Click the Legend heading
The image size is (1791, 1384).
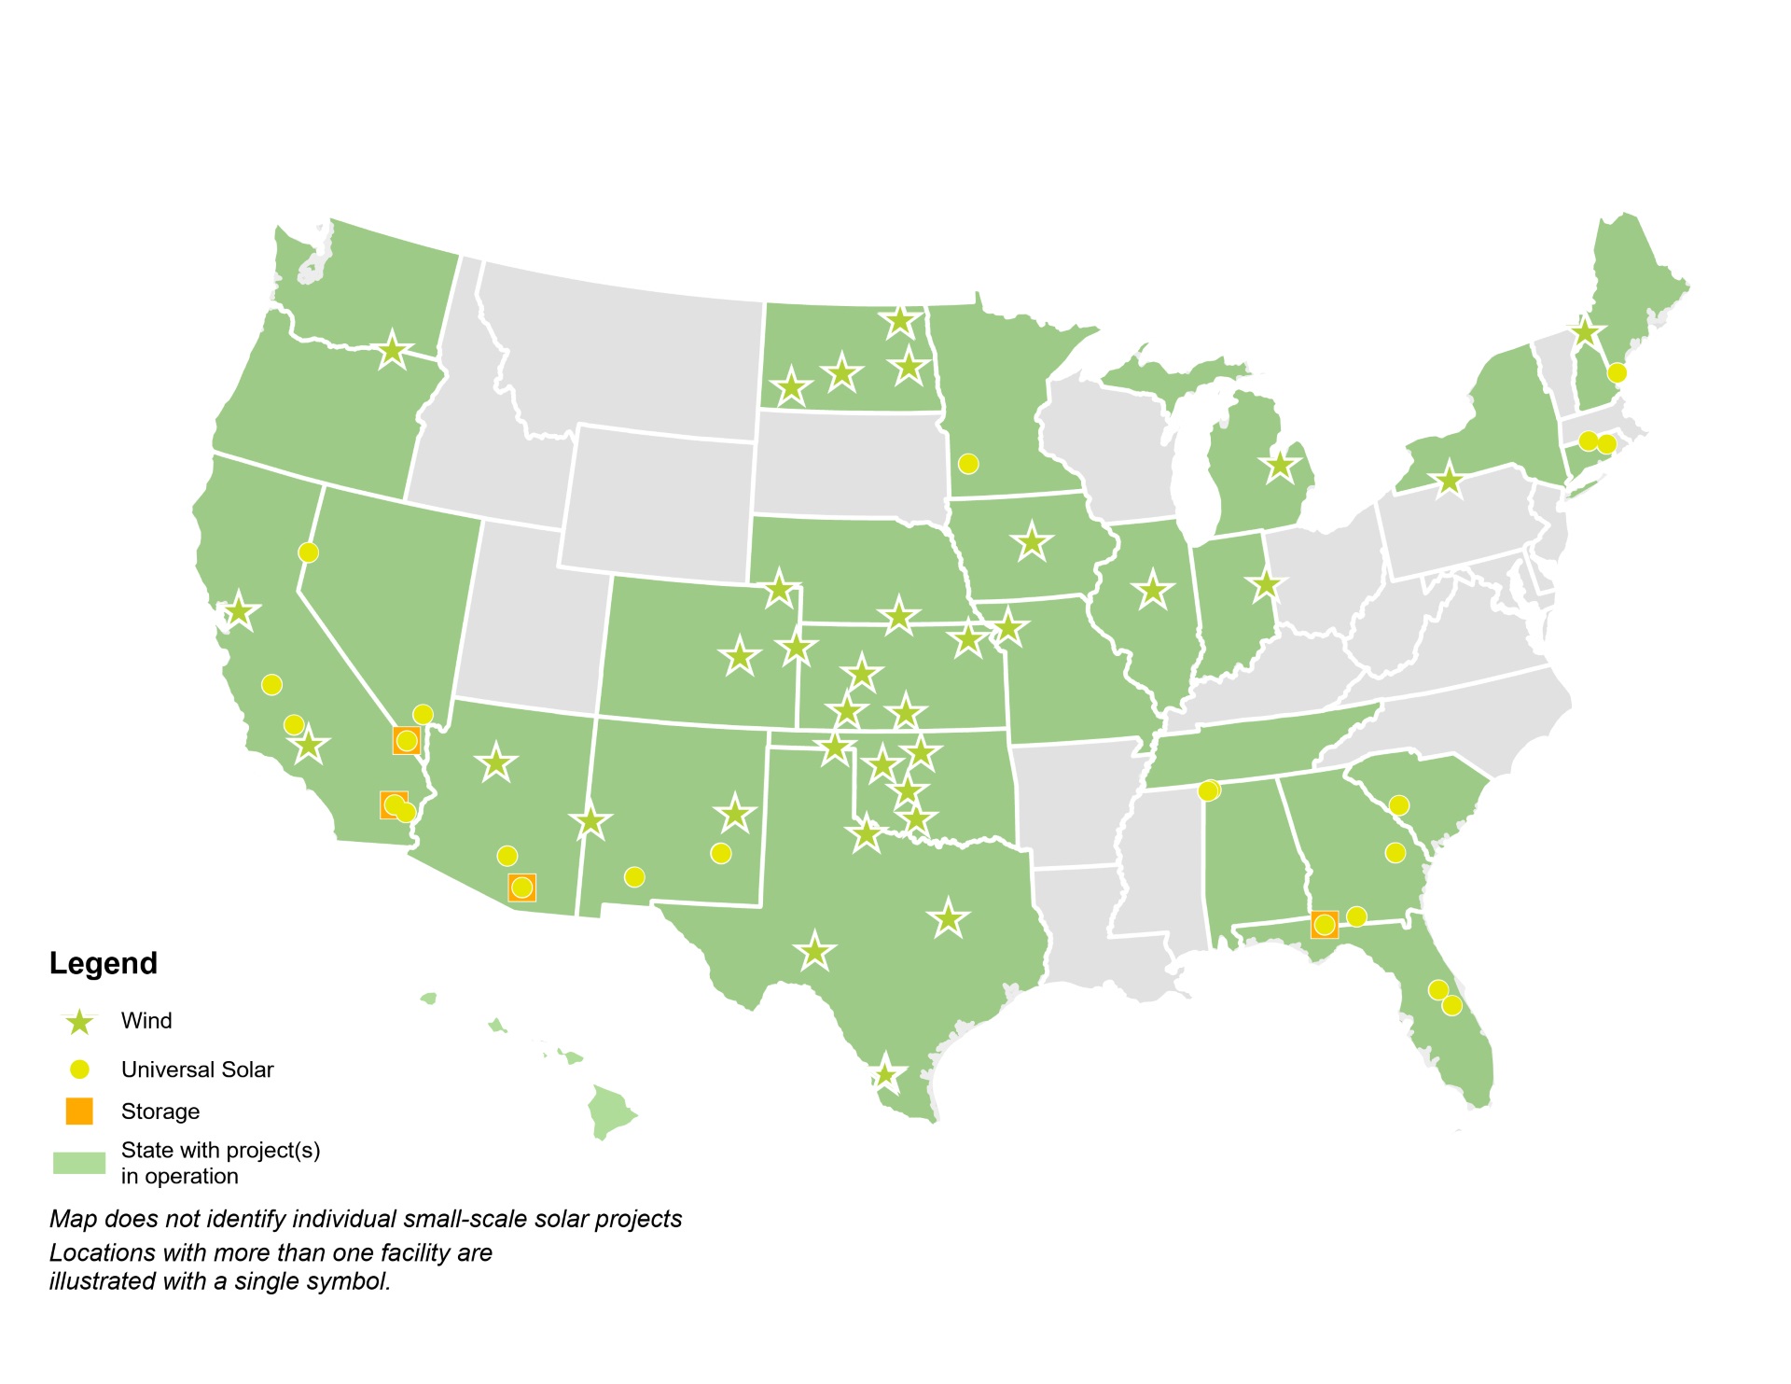(103, 963)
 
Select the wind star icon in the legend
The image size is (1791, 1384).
(80, 1022)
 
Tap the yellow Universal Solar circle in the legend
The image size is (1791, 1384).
(80, 1069)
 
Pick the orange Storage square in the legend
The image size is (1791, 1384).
(79, 1111)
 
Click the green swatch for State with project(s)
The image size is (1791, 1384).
(79, 1163)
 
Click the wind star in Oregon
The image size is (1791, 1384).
(393, 351)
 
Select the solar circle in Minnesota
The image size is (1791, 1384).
(968, 464)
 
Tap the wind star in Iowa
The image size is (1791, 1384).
(1032, 541)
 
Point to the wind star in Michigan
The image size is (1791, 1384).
(1280, 465)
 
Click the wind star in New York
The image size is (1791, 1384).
(1449, 481)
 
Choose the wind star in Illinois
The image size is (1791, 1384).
(1153, 590)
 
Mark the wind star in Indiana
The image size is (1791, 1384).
(1266, 586)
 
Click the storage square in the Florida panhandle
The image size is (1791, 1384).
(1324, 924)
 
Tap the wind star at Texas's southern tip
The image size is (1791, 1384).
(884, 1074)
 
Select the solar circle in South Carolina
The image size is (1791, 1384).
(1398, 805)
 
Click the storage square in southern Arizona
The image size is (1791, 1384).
(521, 887)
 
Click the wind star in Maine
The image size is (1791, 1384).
(1585, 331)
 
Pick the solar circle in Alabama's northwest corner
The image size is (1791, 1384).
(1208, 790)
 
